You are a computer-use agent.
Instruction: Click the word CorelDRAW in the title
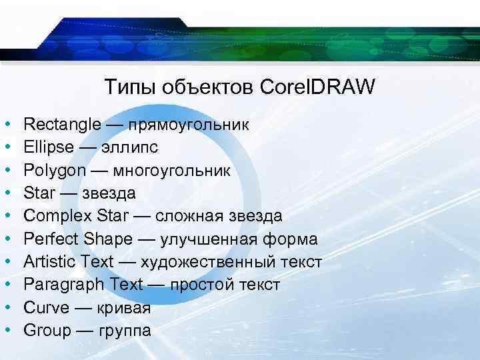tap(318, 87)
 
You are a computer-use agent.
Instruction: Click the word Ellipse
tap(49, 147)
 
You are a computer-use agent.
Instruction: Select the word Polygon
tap(55, 170)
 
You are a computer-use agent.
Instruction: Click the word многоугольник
tap(172, 170)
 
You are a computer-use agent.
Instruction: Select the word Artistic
tap(48, 261)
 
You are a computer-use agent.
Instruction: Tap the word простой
tap(204, 285)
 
